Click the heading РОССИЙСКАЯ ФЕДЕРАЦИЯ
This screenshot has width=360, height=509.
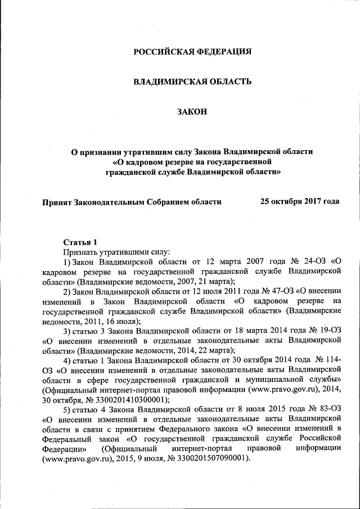point(192,52)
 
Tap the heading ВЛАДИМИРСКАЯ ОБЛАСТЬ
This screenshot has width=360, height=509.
point(192,82)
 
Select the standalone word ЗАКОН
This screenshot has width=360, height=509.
point(192,111)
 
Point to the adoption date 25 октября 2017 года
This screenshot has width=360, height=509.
point(299,201)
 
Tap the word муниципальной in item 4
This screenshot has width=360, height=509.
point(274,379)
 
